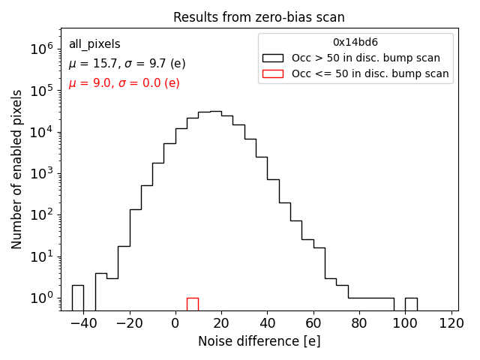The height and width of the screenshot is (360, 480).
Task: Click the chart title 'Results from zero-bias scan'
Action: (259, 17)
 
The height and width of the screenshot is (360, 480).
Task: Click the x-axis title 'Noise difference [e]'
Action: (259, 341)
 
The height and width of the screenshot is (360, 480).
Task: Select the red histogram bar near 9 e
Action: (193, 304)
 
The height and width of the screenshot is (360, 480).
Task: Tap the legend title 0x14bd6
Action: (355, 42)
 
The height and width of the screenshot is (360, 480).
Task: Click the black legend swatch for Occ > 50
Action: (273, 58)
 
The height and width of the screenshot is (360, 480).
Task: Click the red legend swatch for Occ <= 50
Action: (273, 73)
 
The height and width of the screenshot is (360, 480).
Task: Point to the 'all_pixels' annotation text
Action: (94, 44)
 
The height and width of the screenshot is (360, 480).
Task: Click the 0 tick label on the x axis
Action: (175, 323)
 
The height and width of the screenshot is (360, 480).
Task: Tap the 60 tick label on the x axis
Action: (313, 323)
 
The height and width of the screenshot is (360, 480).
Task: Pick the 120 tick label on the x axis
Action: (451, 323)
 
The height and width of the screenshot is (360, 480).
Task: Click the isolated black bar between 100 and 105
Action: (411, 304)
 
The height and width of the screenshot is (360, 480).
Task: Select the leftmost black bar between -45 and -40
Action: (78, 298)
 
